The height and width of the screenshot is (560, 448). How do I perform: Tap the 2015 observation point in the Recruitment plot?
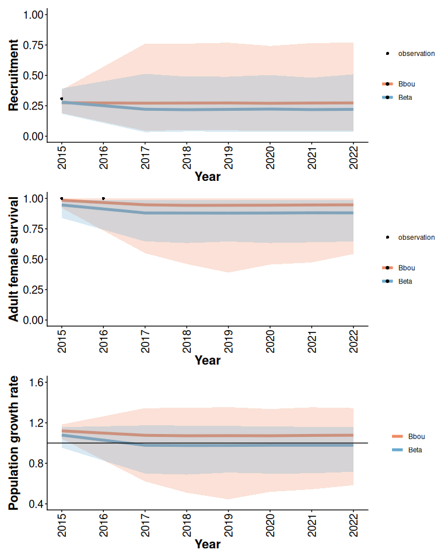point(62,99)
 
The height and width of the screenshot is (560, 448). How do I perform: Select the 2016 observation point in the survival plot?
point(103,198)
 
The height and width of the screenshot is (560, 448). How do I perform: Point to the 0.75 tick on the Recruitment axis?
point(33,45)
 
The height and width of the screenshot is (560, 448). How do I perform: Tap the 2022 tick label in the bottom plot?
point(353,525)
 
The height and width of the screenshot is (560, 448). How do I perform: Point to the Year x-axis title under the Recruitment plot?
point(208,176)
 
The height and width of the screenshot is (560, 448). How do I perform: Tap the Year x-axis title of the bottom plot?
point(208,544)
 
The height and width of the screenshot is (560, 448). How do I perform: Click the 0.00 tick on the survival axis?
point(33,320)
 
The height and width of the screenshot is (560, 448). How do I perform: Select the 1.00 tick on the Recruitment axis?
point(33,15)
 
